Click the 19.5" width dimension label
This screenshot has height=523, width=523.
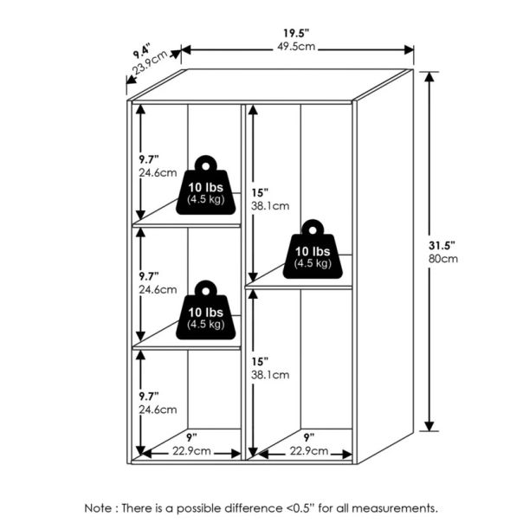click(x=296, y=33)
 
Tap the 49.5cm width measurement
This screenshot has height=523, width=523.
click(x=296, y=47)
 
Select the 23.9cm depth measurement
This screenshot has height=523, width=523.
click(x=150, y=62)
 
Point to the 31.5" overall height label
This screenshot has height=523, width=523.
click(x=442, y=246)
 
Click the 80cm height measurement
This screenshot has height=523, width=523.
click(x=443, y=259)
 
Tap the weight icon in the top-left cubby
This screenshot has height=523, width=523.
click(x=206, y=185)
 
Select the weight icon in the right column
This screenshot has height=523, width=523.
click(x=313, y=249)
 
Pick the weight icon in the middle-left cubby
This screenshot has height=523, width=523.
click(x=206, y=310)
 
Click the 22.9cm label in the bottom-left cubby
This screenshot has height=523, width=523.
click(x=191, y=451)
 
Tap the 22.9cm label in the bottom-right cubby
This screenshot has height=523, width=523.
click(x=309, y=451)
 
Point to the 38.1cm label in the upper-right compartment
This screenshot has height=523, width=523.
click(x=270, y=206)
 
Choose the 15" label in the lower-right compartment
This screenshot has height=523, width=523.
click(x=260, y=362)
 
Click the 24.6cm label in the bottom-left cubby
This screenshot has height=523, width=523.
click(x=158, y=410)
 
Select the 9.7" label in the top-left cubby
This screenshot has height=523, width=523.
click(x=149, y=159)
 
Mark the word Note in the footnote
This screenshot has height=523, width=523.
click(x=98, y=508)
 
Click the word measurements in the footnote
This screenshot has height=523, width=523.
click(x=395, y=508)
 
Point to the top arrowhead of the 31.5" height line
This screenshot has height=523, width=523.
click(x=429, y=76)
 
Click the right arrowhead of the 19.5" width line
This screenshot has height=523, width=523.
click(x=409, y=50)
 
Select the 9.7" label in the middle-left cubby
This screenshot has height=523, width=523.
click(x=149, y=276)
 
